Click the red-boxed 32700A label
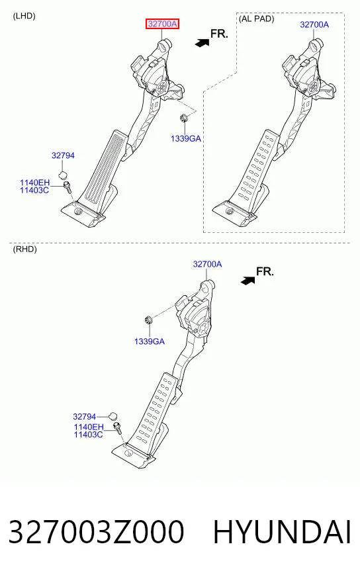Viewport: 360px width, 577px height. click(162, 24)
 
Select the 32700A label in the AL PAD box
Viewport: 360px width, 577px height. click(314, 24)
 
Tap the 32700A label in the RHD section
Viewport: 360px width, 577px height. click(207, 264)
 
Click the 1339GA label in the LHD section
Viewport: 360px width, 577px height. click(186, 139)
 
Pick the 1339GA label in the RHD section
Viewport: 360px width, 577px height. click(150, 341)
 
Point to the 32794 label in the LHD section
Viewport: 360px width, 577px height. click(63, 155)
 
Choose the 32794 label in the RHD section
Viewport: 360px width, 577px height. click(84, 417)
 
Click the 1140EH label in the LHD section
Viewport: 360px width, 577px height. click(34, 183)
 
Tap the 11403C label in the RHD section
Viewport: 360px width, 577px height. click(88, 435)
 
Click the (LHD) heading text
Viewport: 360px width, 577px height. click(24, 16)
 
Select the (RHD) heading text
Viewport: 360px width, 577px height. click(25, 249)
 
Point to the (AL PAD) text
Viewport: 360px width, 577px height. click(257, 19)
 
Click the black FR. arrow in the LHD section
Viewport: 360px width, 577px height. click(202, 43)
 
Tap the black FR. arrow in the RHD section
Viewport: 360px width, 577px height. click(247, 281)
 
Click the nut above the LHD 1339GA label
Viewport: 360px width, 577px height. click(183, 118)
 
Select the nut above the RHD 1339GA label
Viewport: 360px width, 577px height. click(148, 320)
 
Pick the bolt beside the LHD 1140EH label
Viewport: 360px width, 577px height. click(67, 187)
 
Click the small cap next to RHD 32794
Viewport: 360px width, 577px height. click(113, 417)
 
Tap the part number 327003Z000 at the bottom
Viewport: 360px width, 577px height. click(96, 532)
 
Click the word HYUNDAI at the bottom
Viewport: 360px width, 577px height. click(282, 532)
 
